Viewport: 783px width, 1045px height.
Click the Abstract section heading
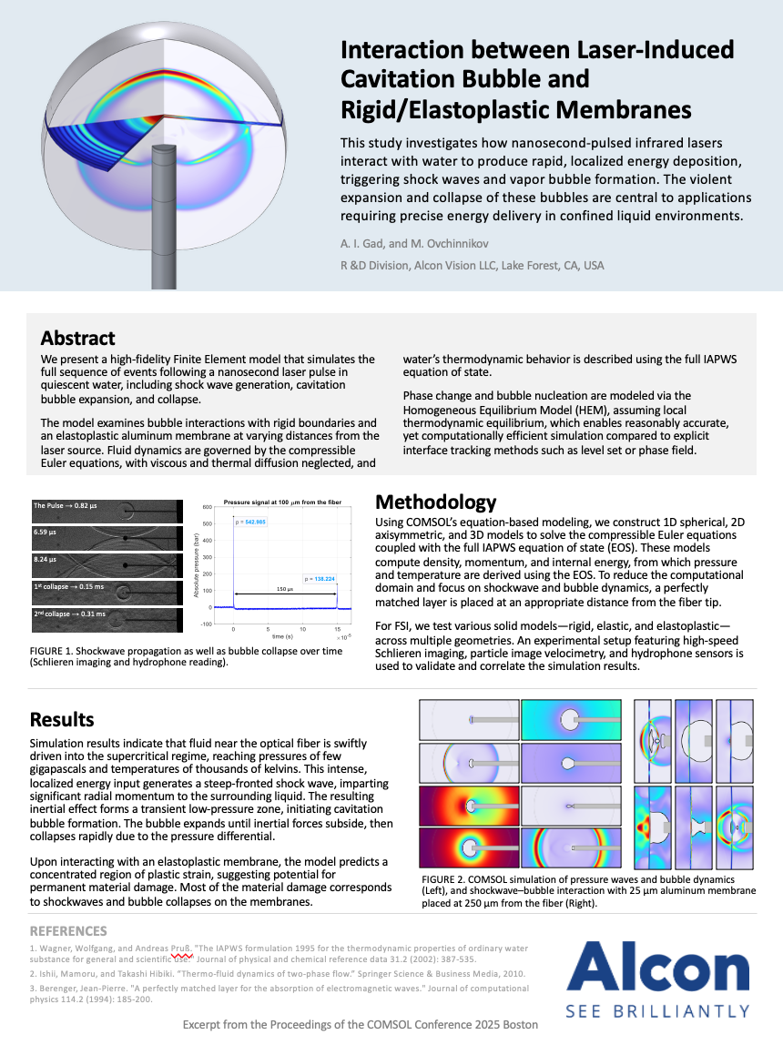click(x=77, y=338)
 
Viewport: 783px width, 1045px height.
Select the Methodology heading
click(x=436, y=502)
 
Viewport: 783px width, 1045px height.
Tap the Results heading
click(x=62, y=719)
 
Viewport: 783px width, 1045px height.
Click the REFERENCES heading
click(x=68, y=931)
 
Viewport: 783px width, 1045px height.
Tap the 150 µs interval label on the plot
click(x=284, y=589)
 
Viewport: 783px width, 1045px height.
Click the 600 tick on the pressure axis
click(x=207, y=506)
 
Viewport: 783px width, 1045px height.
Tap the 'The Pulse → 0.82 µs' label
click(x=67, y=505)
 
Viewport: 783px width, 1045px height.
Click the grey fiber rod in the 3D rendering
click(x=164, y=218)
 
